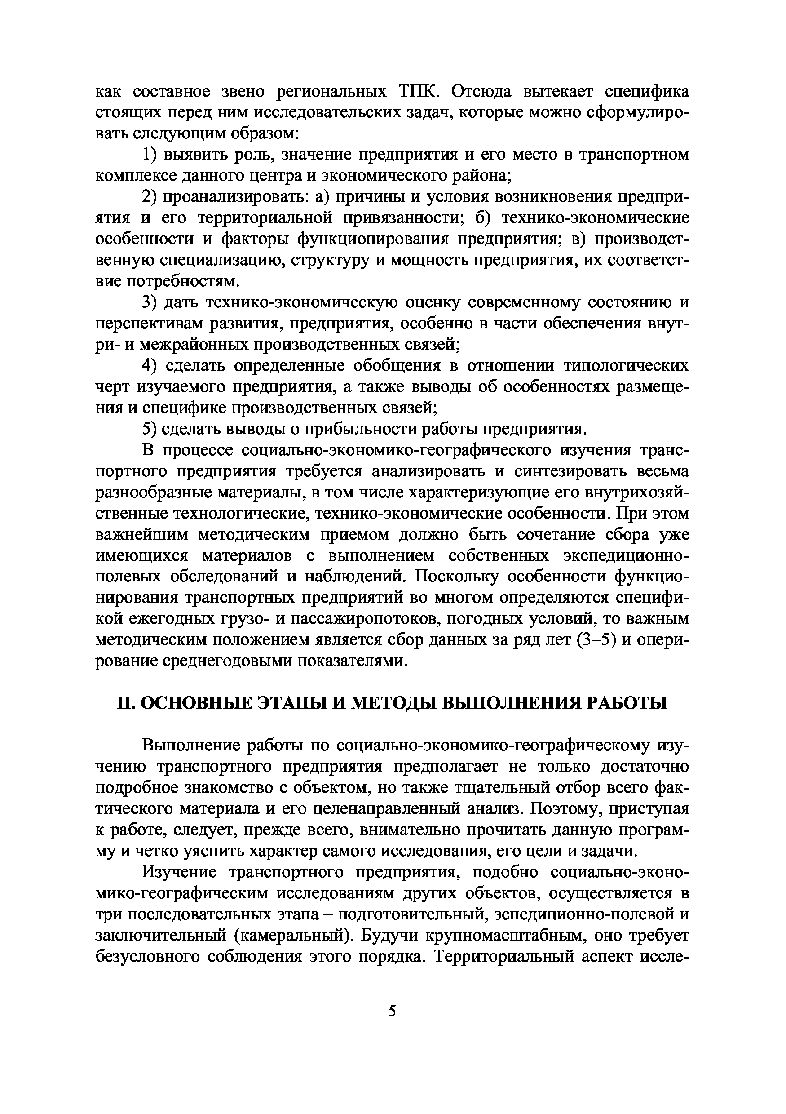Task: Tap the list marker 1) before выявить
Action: [150, 155]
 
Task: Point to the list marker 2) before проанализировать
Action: [150, 197]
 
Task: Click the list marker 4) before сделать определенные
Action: [150, 366]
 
